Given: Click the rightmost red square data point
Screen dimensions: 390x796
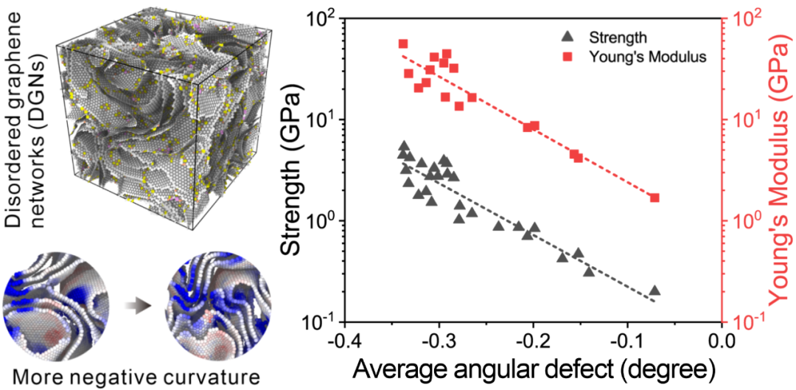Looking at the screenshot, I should coord(654,198).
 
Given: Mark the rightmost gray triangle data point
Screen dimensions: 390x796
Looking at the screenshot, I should coord(654,291).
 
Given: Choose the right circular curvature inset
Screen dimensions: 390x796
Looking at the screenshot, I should coord(217,303).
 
